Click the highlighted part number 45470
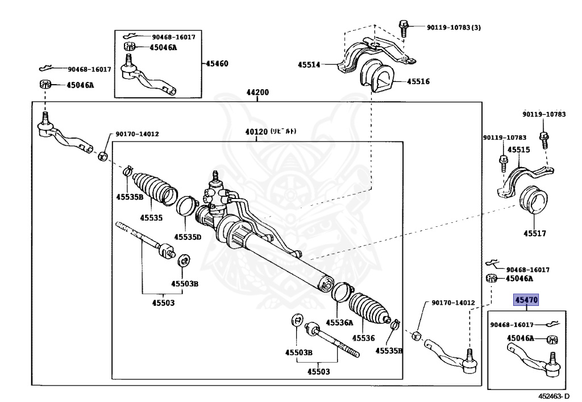[526, 300]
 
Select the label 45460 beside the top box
[217, 64]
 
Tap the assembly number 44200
[257, 93]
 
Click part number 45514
[310, 65]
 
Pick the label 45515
[518, 150]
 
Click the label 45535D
[188, 237]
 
